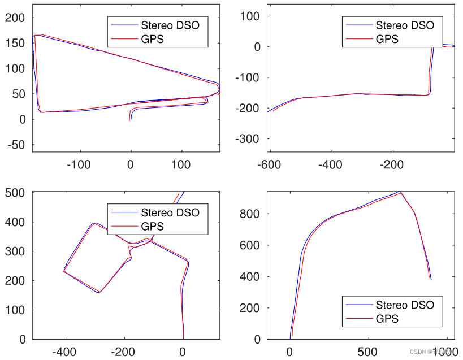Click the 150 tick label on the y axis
click(17, 43)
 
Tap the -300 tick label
click(247, 138)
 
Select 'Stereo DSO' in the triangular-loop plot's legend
click(170, 25)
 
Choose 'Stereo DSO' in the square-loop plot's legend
click(170, 212)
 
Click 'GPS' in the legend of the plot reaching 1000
click(387, 319)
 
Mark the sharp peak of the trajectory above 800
click(400, 192)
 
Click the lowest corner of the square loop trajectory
click(99, 292)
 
